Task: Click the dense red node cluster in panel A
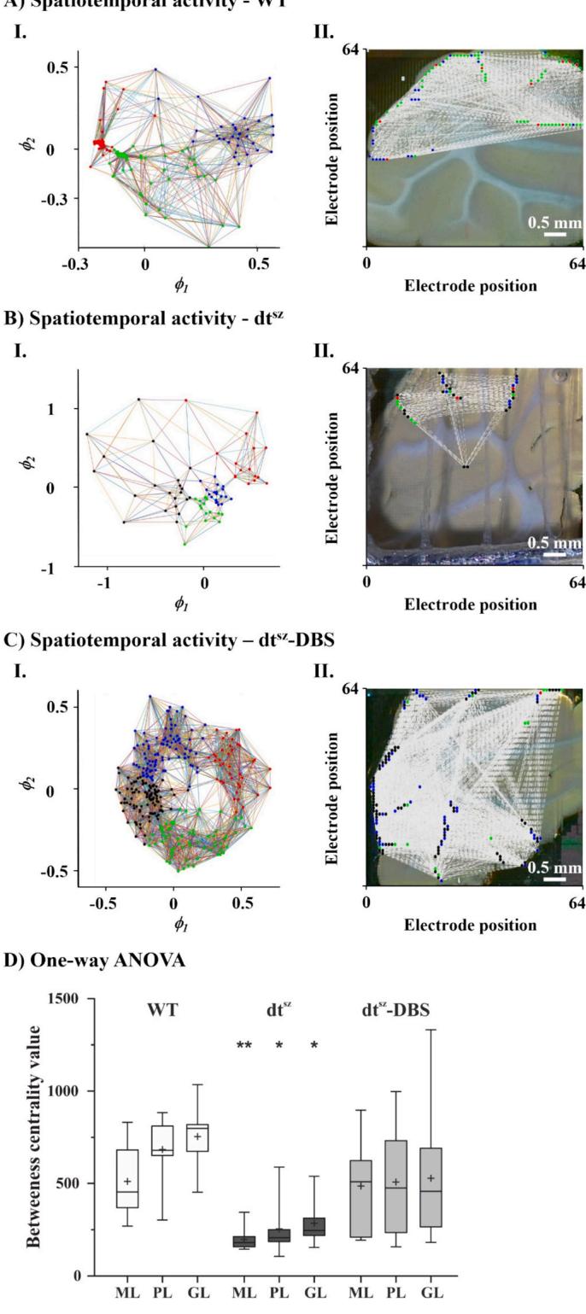100,143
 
